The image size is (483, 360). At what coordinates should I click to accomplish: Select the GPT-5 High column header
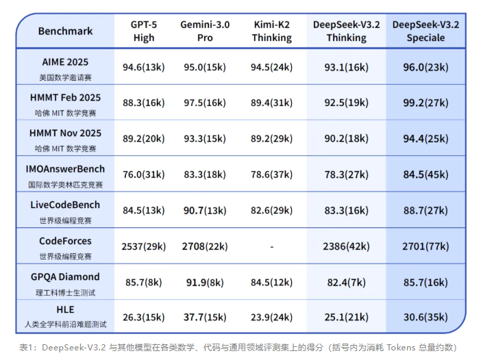click(x=144, y=31)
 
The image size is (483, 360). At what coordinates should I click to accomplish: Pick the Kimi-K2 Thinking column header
click(x=272, y=31)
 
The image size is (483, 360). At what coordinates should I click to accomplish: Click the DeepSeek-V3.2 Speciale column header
click(x=425, y=31)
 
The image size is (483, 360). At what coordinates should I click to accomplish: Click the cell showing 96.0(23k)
click(x=425, y=67)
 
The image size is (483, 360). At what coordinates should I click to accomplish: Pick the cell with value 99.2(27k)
click(x=425, y=103)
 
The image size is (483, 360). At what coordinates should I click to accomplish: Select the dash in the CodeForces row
click(x=272, y=246)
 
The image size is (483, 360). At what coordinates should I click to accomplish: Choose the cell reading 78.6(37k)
click(x=272, y=175)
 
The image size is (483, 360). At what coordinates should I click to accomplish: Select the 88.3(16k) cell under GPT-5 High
click(x=144, y=103)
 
